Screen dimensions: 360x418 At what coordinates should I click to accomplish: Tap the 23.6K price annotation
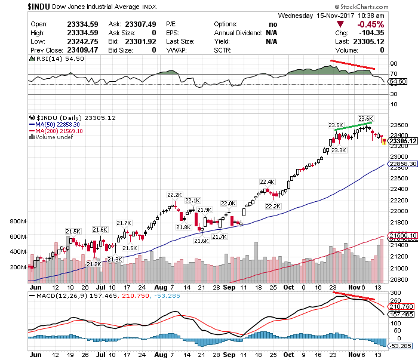[365, 118]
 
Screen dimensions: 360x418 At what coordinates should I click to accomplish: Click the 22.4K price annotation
[267, 181]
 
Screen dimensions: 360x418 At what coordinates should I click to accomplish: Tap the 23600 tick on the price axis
[399, 125]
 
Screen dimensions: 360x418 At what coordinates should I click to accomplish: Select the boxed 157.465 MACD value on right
[400, 313]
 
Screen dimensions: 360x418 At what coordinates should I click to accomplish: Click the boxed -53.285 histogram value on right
[400, 345]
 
